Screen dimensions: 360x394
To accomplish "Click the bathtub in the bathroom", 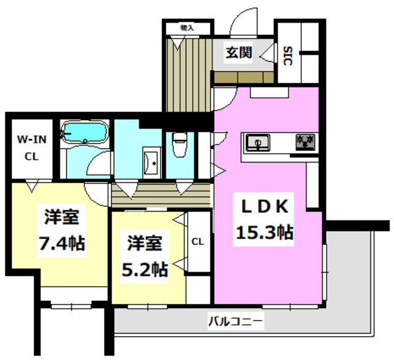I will [x=85, y=132].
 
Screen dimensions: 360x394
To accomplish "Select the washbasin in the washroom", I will [x=150, y=162].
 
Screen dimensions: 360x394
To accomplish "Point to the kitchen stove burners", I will [x=305, y=143].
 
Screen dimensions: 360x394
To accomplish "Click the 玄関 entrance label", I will [x=238, y=53].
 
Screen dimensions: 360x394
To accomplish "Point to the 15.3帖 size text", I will [x=263, y=233].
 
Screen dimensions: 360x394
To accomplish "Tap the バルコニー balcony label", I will [x=235, y=320].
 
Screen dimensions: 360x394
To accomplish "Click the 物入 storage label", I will [x=187, y=28].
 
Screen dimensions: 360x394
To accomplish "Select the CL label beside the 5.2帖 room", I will [x=198, y=242].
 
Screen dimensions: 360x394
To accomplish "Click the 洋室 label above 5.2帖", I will [x=145, y=243].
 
